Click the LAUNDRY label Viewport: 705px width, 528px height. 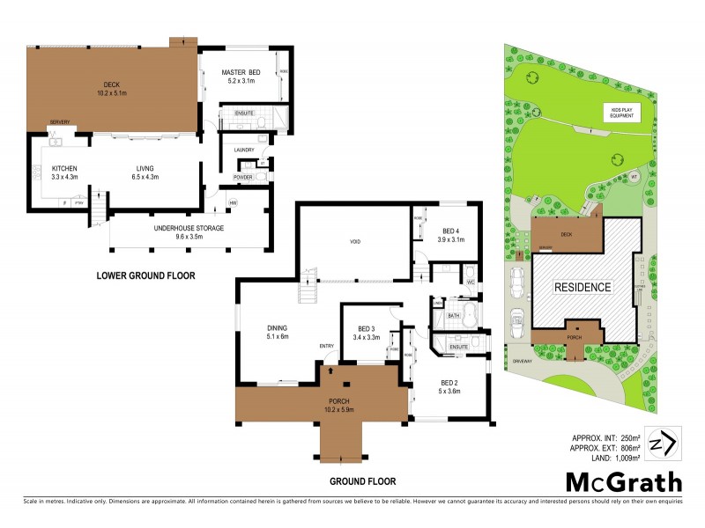244,150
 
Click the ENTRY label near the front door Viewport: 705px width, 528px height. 327,345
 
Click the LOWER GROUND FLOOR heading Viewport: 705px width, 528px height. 145,275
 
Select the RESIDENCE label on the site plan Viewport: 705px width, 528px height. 582,287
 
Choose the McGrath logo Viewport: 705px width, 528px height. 623,481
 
